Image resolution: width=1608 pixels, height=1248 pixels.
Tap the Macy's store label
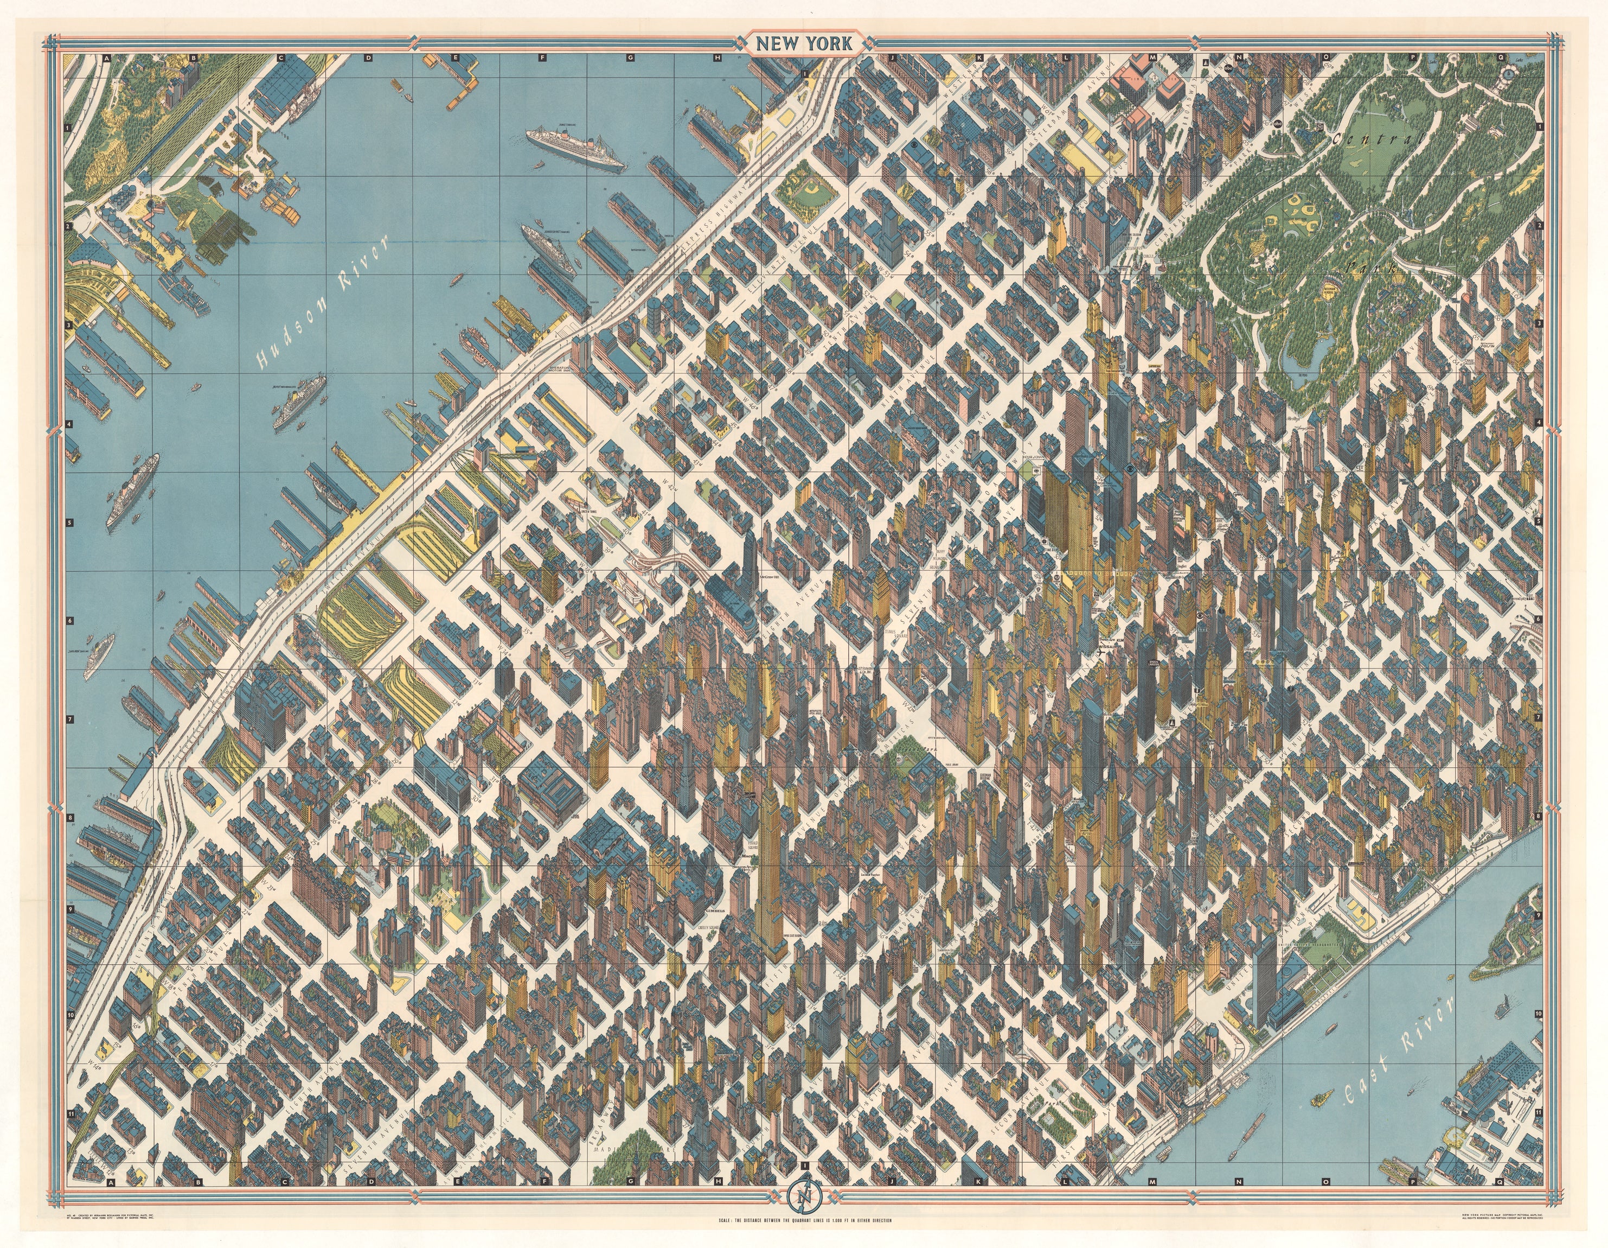point(748,856)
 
